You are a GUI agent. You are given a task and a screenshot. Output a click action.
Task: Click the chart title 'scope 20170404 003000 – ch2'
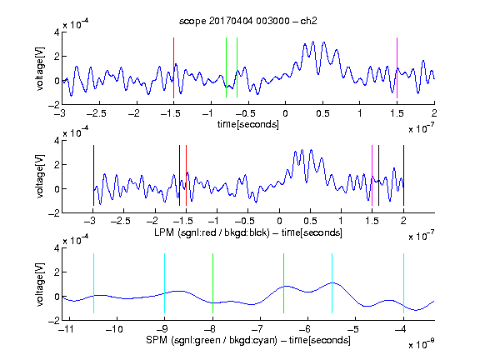[x=248, y=21]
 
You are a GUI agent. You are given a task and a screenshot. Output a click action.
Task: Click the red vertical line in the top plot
[x=173, y=67]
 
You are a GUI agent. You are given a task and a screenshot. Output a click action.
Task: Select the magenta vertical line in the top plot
[x=397, y=67]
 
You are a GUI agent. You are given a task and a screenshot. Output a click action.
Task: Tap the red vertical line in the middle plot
[x=186, y=175]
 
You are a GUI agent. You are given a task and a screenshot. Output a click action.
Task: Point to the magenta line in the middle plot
[x=372, y=175]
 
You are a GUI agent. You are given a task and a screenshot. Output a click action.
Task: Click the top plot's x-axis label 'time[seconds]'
[x=248, y=124]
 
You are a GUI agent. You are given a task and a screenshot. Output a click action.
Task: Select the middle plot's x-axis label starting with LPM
[x=248, y=232]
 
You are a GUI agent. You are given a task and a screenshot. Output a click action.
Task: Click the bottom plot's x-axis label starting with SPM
[x=248, y=340]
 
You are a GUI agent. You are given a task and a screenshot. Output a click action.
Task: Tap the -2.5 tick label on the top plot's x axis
[x=96, y=113]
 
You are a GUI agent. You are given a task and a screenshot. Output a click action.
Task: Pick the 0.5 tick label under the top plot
[x=322, y=113]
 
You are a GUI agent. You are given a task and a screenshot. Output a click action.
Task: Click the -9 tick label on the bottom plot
[x=162, y=329]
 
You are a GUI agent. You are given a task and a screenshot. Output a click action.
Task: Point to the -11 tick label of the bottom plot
[x=67, y=329]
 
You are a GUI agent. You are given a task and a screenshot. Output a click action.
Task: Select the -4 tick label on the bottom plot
[x=401, y=329]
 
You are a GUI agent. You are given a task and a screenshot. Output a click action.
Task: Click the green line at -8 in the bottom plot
[x=212, y=283]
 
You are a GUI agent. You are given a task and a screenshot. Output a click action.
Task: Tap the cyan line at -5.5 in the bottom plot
[x=332, y=283]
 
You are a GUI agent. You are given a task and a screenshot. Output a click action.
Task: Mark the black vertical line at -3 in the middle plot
[x=93, y=175]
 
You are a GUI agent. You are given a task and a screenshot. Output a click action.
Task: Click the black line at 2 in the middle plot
[x=404, y=175]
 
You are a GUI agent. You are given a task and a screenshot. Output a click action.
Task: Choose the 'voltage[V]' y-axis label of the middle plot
[x=40, y=177]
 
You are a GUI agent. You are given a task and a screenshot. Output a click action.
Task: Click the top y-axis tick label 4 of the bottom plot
[x=57, y=248]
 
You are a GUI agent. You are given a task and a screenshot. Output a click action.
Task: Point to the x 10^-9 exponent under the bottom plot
[x=422, y=343]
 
